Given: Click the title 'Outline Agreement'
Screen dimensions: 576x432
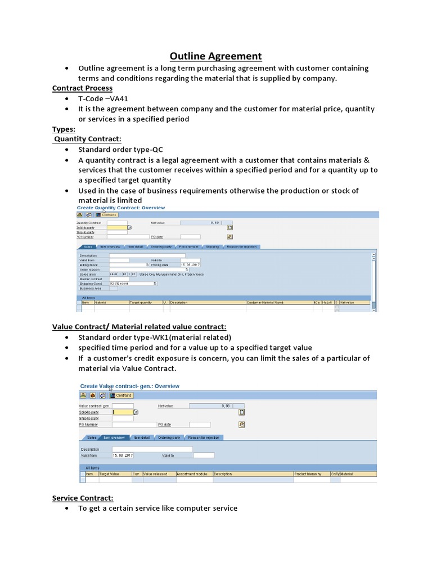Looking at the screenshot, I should click(216, 56).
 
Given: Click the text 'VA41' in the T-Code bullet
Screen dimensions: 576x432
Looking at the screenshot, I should click(110, 98).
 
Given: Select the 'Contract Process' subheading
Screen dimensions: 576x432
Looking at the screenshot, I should click(82, 88).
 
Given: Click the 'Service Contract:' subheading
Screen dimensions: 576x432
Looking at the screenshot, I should click(83, 498).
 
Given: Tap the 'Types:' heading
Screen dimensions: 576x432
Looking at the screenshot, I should click(64, 129).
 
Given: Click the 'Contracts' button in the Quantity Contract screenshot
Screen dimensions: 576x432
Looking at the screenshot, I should click(106, 215).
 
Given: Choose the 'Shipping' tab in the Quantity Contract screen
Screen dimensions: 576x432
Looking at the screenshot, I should click(212, 246).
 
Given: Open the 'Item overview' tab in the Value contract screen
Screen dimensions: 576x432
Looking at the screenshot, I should click(114, 437).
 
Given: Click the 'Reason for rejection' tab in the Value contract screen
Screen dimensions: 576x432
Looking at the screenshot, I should click(203, 437).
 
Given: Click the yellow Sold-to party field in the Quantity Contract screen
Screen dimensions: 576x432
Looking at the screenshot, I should click(117, 227).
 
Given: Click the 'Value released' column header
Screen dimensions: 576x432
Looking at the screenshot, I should click(159, 474).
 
